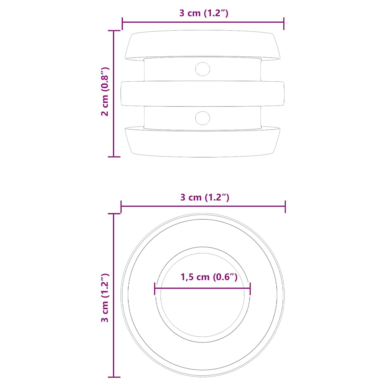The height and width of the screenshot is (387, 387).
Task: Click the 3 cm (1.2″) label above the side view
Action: point(204,13)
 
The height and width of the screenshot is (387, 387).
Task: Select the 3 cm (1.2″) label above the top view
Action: point(204,197)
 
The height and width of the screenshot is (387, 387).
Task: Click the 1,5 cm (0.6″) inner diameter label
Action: point(209,277)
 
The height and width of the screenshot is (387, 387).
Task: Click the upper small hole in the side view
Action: point(203,68)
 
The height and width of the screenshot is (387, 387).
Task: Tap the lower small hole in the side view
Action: point(203,118)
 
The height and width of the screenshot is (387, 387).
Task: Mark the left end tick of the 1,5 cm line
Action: point(155,289)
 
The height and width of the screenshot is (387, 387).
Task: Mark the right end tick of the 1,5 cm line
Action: point(250,289)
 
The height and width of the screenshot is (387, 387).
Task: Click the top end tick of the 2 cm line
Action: point(114,31)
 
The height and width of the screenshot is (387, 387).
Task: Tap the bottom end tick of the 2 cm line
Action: point(114,156)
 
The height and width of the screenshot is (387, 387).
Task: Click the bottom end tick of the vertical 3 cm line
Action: point(114,377)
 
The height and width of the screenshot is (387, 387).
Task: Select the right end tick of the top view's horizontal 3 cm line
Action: point(285,206)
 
